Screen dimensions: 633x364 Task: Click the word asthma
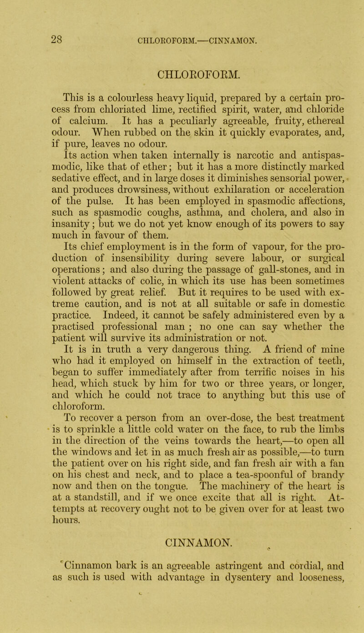[x=209, y=237]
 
